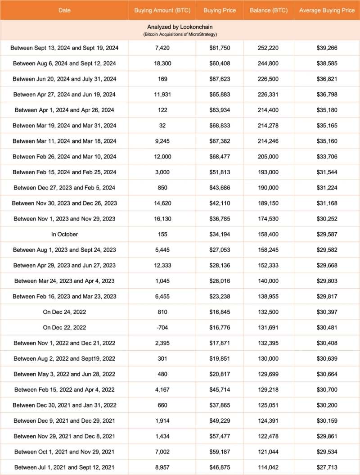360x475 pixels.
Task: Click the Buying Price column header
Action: tap(220, 10)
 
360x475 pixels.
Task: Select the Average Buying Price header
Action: tap(327, 10)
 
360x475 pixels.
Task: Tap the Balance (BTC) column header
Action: tap(269, 10)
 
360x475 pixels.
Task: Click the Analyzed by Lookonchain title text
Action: tap(180, 27)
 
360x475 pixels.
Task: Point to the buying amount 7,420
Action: tap(163, 48)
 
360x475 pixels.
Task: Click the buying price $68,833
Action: tap(220, 126)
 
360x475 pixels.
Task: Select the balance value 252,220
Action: tap(269, 48)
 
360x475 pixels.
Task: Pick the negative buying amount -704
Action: tap(163, 327)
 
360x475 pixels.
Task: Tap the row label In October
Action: tap(64, 234)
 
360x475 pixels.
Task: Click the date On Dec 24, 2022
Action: tap(64, 312)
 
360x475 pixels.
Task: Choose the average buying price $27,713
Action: tap(327, 467)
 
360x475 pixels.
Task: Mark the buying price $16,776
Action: tap(220, 327)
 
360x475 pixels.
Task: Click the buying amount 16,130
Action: tap(163, 219)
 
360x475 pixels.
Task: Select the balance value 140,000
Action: tap(269, 281)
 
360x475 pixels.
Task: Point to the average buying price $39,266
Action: tap(327, 48)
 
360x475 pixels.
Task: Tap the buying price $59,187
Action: tap(220, 452)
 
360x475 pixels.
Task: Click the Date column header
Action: tap(64, 10)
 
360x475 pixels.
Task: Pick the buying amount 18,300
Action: tap(163, 63)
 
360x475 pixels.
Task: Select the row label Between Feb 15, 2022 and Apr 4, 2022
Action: tap(64, 389)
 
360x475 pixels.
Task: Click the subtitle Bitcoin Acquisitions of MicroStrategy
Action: tap(180, 35)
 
